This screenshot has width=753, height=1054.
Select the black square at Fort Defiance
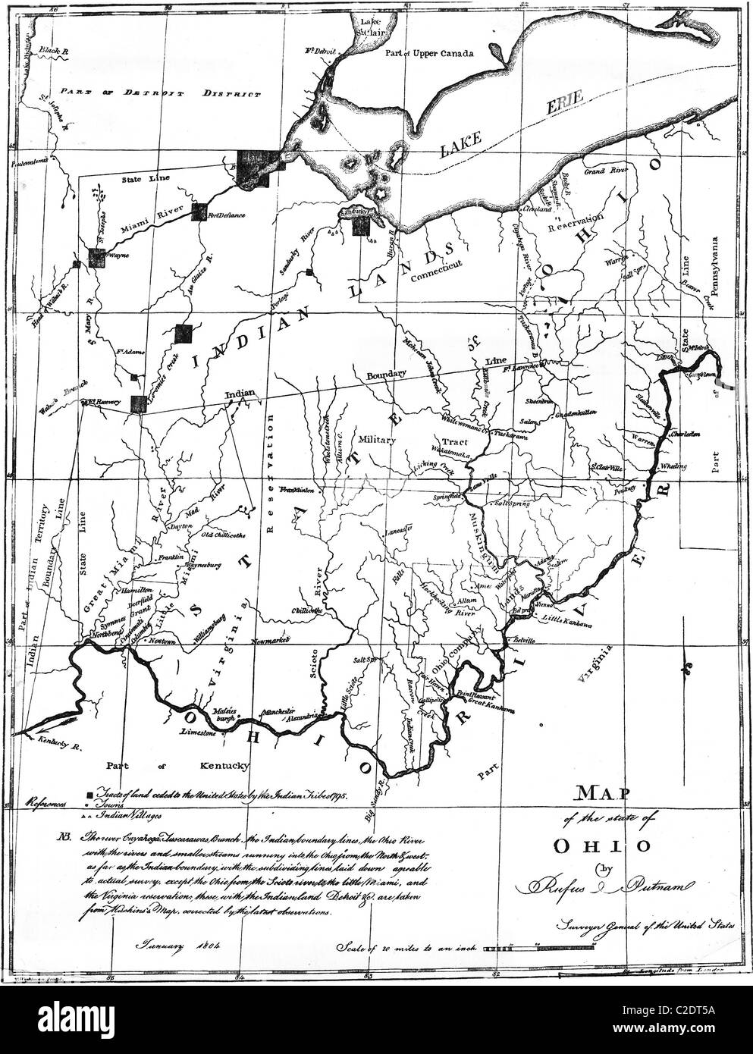(x=199, y=212)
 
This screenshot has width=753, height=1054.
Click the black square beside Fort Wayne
(x=96, y=258)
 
